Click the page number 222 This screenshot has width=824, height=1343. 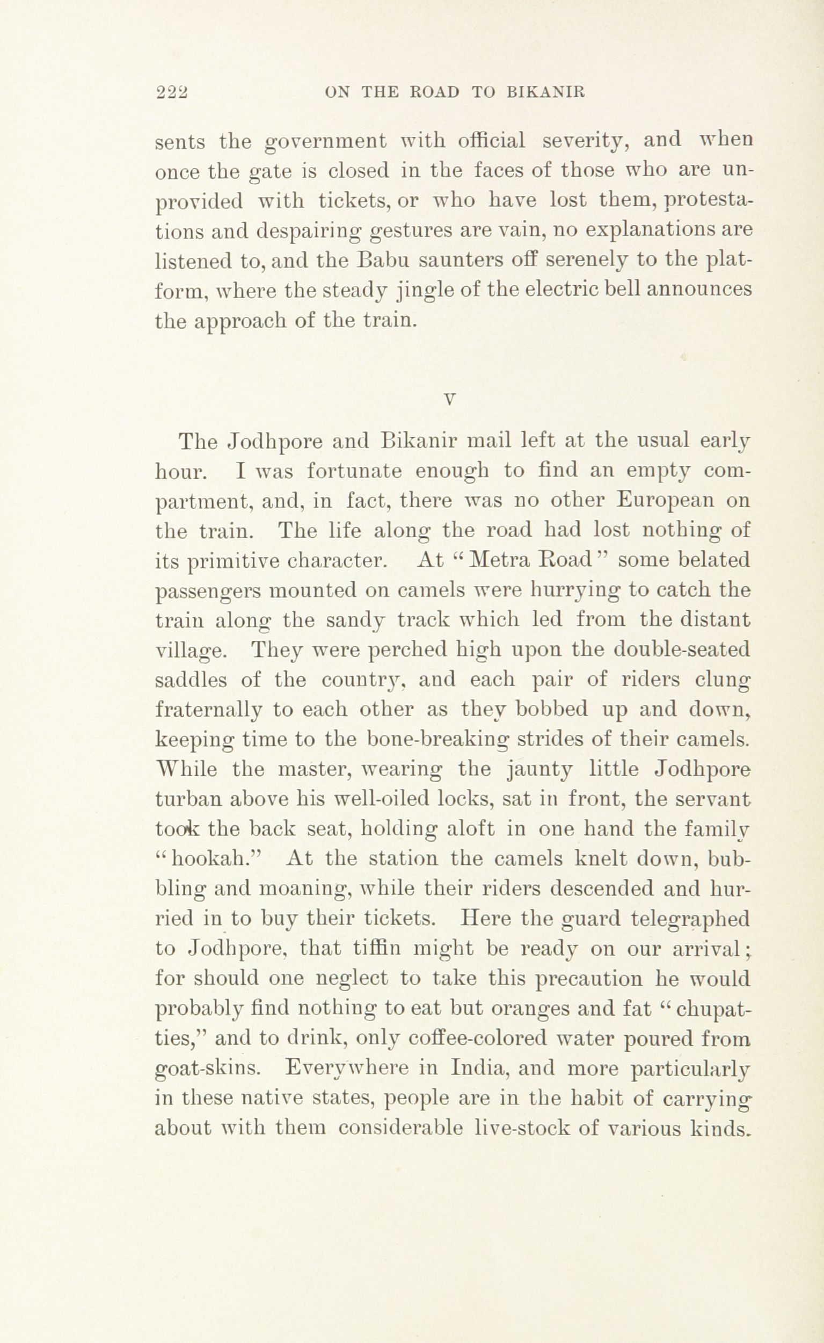coord(171,92)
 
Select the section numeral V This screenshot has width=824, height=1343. coord(449,399)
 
